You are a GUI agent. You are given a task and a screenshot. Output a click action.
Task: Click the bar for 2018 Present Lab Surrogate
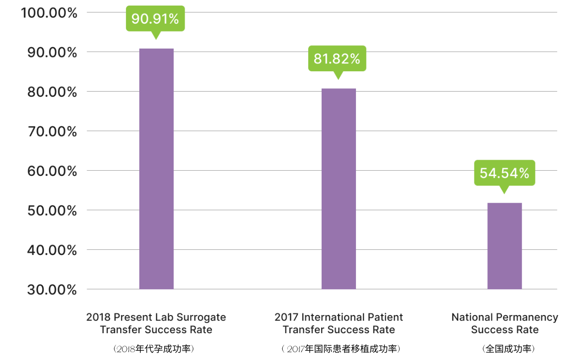pyautogui.click(x=156, y=169)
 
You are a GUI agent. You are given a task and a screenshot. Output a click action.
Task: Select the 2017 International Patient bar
pyautogui.click(x=339, y=189)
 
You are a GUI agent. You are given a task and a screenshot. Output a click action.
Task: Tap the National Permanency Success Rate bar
pyautogui.click(x=504, y=246)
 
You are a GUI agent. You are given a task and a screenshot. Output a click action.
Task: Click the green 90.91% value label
pyautogui.click(x=155, y=19)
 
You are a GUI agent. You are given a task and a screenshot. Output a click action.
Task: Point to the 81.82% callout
pyautogui.click(x=337, y=59)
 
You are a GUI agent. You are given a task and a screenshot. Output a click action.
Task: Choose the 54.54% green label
pyautogui.click(x=504, y=173)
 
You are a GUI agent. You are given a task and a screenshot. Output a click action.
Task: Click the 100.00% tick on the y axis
pyautogui.click(x=49, y=12)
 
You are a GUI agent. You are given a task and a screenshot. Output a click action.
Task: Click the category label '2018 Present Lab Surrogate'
pyautogui.click(x=156, y=323)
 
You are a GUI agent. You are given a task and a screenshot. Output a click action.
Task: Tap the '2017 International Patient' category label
pyautogui.click(x=338, y=323)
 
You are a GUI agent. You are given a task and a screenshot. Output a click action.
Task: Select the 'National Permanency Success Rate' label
pyautogui.click(x=504, y=323)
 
